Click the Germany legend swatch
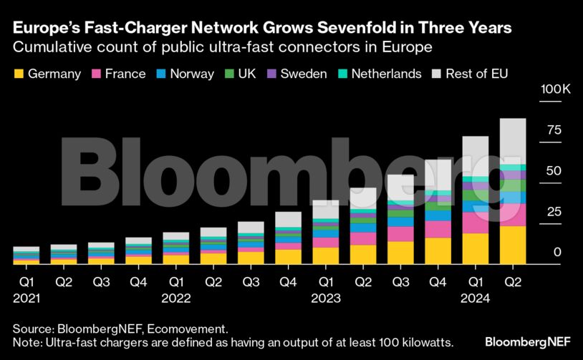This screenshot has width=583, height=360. point(19,74)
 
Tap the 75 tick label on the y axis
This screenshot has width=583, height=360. point(534,130)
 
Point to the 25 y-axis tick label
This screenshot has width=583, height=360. point(534,212)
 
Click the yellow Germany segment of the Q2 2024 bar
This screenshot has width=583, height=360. point(513,245)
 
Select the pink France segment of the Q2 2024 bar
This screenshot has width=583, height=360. point(513,215)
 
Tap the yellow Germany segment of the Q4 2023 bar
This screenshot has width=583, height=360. point(438,250)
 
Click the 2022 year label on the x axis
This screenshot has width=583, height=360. point(175,298)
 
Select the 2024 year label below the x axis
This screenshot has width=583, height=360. point(476,298)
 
